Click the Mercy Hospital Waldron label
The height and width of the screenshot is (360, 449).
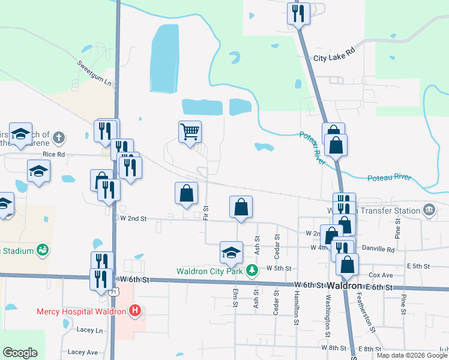pyautogui.click(x=81, y=311)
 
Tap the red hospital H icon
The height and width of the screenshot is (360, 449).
pyautogui.click(x=135, y=311)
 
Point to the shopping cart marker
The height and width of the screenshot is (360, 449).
pyautogui.click(x=190, y=131)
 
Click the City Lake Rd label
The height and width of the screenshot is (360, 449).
pyautogui.click(x=334, y=58)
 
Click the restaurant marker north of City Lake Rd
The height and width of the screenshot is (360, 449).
pyautogui.click(x=298, y=13)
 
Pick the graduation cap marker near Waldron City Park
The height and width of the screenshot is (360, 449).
pyautogui.click(x=231, y=253)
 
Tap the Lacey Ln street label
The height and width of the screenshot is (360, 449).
pyautogui.click(x=90, y=330)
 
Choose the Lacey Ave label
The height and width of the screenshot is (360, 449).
pyautogui.click(x=83, y=352)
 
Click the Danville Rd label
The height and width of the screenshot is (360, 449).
pyautogui.click(x=377, y=248)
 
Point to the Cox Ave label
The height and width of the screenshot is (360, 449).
pyautogui.click(x=381, y=275)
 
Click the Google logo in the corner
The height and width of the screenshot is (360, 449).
pyautogui.click(x=20, y=353)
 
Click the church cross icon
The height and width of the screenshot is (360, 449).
pyautogui.click(x=58, y=137)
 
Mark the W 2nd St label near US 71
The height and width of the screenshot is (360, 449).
pyautogui.click(x=133, y=218)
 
